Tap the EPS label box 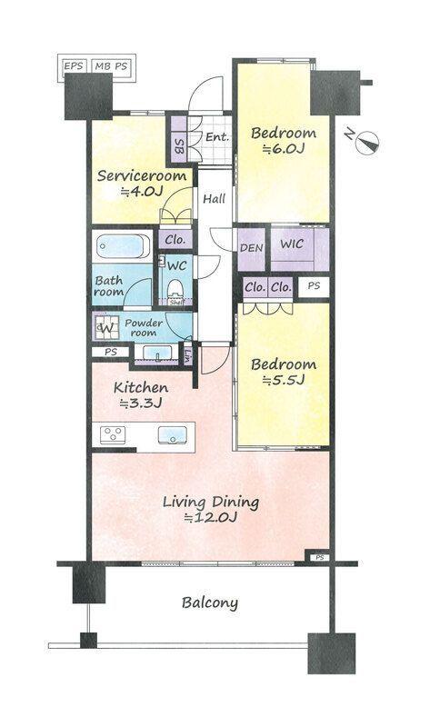[x=74, y=66]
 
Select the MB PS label [x=111, y=66]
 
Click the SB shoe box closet [x=178, y=139]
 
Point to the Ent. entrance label [x=217, y=137]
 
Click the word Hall [x=215, y=199]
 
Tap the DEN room [x=252, y=249]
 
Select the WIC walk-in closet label [x=292, y=244]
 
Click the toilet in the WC [x=175, y=291]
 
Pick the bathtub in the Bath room [x=123, y=246]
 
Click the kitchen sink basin [x=172, y=435]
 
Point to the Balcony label [x=210, y=603]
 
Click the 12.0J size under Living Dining [x=210, y=517]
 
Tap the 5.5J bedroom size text [x=283, y=380]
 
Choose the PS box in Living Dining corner [x=320, y=557]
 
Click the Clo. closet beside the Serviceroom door [x=175, y=240]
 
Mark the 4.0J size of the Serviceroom [x=142, y=192]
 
